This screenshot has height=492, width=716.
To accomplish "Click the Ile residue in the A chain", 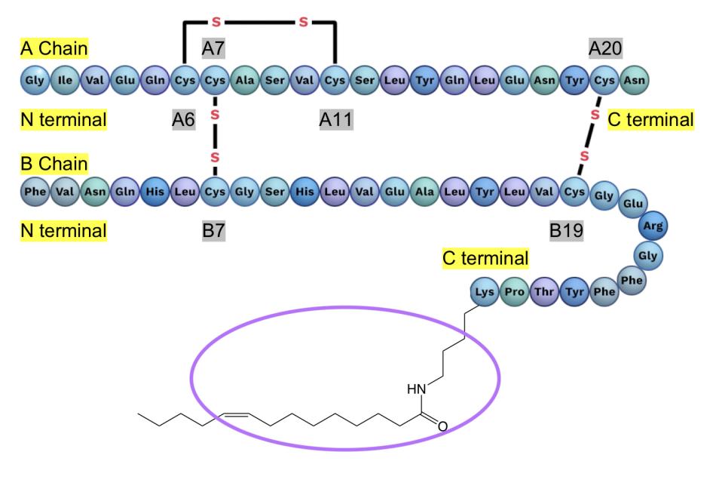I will click(65, 78).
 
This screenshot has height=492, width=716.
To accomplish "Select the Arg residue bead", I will click(653, 225).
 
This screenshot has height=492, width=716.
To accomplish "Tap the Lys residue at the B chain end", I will click(485, 292).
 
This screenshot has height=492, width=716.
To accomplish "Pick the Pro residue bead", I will click(515, 292).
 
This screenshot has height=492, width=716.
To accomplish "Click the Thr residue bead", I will click(544, 292).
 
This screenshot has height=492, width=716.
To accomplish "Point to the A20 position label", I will click(606, 50).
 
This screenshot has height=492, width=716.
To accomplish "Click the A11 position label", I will click(335, 119).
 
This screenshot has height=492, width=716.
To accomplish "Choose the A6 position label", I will click(184, 119).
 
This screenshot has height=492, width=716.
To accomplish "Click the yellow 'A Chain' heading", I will click(54, 49).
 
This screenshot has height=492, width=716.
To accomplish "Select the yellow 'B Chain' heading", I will click(54, 164).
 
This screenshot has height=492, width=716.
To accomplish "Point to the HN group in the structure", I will click(416, 389).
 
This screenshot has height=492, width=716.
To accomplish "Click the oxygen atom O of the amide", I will click(442, 426).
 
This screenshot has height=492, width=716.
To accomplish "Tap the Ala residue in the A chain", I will click(245, 78).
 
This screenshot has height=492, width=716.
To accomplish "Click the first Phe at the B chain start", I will click(35, 192).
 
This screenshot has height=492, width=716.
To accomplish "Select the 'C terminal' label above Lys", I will click(485, 259).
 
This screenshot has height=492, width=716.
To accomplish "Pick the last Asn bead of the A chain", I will click(635, 78).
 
